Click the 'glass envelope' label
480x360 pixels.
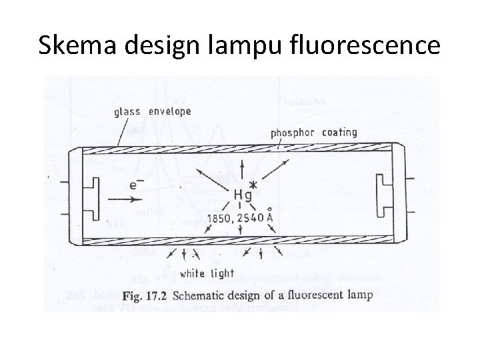[153, 111]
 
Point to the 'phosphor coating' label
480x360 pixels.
[313, 133]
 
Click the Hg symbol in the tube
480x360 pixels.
[243, 195]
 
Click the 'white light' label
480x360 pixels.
[207, 273]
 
